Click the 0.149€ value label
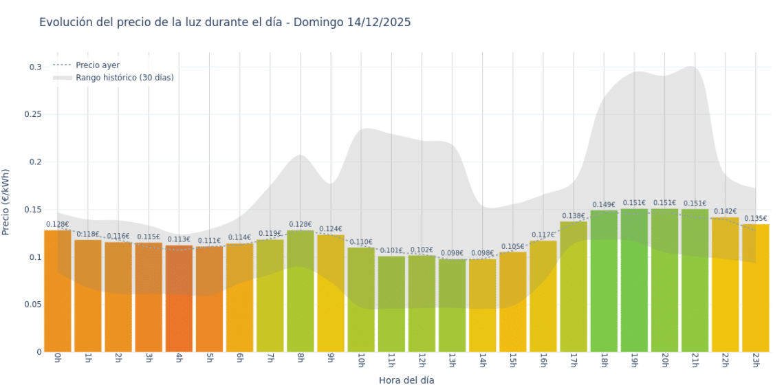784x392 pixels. click(604, 205)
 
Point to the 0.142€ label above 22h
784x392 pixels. click(725, 212)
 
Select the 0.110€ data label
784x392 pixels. click(360, 242)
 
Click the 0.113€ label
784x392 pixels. click(179, 239)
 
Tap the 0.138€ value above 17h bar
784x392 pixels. click(574, 216)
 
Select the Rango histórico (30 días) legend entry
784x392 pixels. click(124, 78)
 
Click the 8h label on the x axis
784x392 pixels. click(301, 360)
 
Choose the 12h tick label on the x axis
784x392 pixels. click(422, 360)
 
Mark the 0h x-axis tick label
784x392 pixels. click(58, 360)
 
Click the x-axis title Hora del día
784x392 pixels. click(406, 380)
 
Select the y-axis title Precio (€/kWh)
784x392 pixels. click(6, 202)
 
